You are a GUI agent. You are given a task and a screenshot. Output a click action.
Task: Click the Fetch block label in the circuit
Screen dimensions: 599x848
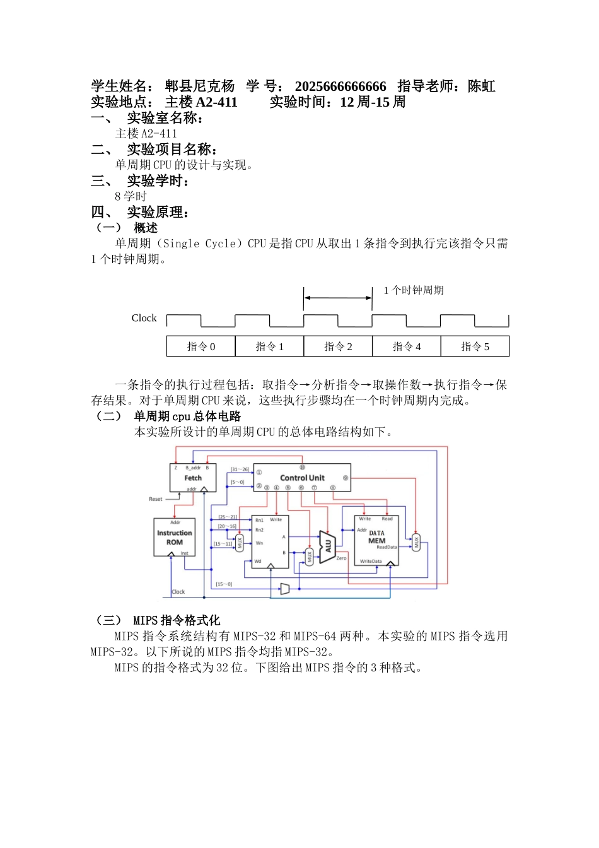193,478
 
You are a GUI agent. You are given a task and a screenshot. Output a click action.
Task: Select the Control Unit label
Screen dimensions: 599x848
302,478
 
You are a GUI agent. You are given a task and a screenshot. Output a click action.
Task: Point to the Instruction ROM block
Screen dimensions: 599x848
175,538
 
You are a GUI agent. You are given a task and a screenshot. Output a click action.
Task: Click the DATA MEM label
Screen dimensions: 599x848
376,537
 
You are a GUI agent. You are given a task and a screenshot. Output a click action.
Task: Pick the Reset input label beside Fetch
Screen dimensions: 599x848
155,499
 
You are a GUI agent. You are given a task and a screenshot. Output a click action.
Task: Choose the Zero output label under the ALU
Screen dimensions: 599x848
341,558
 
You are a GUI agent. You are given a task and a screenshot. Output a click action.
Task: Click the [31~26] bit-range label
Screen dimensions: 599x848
240,469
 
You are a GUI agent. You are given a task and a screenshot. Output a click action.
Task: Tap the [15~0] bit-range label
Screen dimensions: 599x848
224,584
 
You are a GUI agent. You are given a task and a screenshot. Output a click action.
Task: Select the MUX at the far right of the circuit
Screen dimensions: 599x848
416,542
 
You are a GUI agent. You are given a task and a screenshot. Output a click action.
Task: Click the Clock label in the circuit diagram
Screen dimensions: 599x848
178,592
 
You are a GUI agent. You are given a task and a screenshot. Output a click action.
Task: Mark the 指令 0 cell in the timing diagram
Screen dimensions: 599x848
201,346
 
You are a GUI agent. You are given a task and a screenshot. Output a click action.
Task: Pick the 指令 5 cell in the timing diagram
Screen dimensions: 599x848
475,346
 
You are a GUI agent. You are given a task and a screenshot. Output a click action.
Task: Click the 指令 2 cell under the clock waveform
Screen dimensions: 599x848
338,346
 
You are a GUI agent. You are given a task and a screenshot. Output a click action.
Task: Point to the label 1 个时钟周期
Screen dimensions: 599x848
414,290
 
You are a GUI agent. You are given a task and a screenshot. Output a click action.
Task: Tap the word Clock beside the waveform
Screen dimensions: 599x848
144,318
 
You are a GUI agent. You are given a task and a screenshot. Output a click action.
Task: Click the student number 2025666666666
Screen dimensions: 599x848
340,86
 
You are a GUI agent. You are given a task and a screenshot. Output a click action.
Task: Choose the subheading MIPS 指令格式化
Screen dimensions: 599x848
177,620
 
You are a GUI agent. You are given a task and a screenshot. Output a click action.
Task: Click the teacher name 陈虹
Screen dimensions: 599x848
482,86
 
